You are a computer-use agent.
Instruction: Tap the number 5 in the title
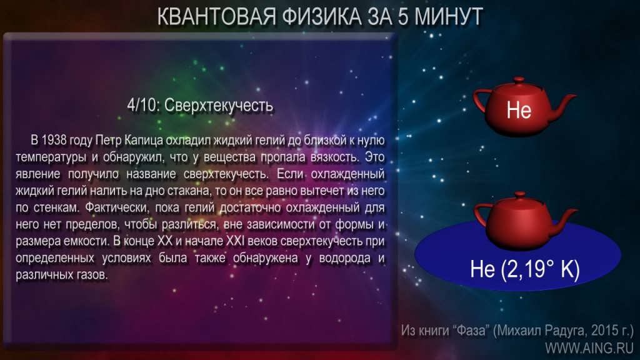tap(403, 17)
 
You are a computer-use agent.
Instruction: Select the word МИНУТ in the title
tap(449, 17)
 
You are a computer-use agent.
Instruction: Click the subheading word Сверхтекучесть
tap(218, 106)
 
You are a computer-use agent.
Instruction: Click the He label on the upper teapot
tap(519, 110)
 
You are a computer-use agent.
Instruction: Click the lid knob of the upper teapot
tap(519, 79)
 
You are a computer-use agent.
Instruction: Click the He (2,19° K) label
tap(525, 269)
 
